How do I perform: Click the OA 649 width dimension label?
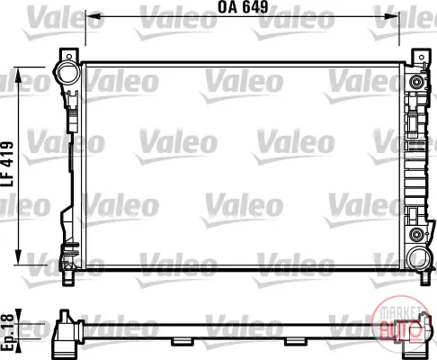coord(243,7)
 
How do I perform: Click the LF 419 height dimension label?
coord(7,164)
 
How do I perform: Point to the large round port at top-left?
coord(67,72)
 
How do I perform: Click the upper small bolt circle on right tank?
coord(416,82)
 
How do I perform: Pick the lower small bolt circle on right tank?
coord(415,234)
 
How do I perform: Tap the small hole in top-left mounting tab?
coord(69,56)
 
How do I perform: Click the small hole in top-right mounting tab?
coord(422,57)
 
